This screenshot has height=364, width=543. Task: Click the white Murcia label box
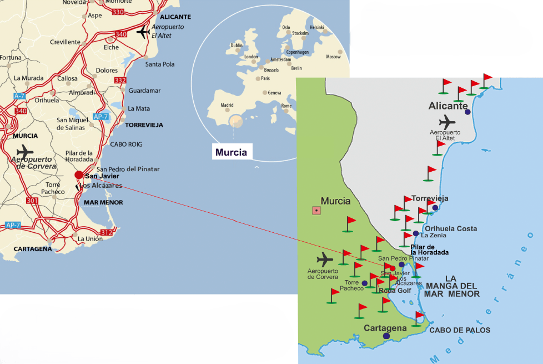(x=231, y=152)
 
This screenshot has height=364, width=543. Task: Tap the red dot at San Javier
(x=79, y=175)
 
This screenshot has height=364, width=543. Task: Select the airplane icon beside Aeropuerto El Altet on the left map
(x=143, y=32)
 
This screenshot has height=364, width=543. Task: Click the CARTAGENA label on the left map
(x=33, y=249)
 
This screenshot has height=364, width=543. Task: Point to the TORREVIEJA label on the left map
(x=144, y=125)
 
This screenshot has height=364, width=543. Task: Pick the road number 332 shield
(x=120, y=81)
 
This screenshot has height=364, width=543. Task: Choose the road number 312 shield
(x=106, y=232)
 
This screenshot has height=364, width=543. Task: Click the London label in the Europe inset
(x=252, y=57)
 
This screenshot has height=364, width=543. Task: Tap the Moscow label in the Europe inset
(x=334, y=57)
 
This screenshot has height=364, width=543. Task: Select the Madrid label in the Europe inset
(x=227, y=104)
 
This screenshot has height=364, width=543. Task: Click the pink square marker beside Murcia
(x=316, y=210)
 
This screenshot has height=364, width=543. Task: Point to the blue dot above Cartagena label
(x=386, y=336)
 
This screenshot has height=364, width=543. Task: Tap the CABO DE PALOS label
(x=460, y=330)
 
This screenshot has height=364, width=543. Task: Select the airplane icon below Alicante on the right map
(x=447, y=122)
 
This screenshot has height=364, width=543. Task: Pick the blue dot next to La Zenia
(x=416, y=233)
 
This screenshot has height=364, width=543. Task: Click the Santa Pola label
(x=160, y=64)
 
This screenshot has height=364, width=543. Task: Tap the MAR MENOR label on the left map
(x=103, y=202)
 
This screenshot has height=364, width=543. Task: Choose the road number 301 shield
(x=32, y=201)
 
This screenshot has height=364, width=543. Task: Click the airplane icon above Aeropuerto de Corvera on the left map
(x=24, y=151)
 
